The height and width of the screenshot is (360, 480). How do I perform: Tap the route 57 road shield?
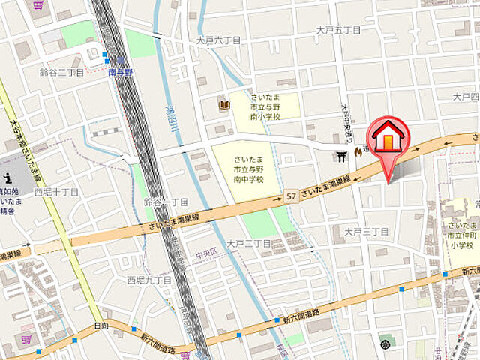coord(290,196)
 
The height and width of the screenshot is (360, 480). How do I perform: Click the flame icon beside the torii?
coord(358,152)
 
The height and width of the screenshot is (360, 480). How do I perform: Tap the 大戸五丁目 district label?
coord(338,30)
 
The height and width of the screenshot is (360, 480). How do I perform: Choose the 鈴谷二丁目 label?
coord(61,72)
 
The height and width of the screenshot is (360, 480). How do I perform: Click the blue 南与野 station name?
coord(119,72)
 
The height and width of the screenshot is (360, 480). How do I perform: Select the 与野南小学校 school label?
coord(264,107)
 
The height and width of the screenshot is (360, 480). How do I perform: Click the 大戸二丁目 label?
coord(248,243)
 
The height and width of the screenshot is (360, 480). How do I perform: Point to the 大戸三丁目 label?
coord(366,232)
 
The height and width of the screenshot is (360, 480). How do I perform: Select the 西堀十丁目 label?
coord(56,192)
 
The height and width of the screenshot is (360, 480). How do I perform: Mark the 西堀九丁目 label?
coord(149,280)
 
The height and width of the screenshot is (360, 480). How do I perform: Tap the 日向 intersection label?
coord(101,325)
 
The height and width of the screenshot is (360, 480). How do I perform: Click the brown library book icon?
coord(223,103)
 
